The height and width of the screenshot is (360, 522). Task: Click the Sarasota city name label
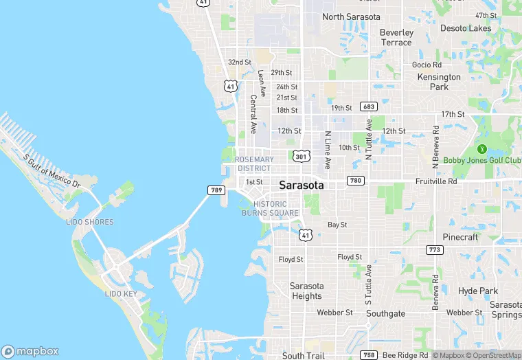pyautogui.click(x=302, y=185)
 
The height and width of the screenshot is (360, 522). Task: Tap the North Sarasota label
pyautogui.click(x=351, y=16)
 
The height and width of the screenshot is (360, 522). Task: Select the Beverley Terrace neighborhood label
pyautogui.click(x=397, y=37)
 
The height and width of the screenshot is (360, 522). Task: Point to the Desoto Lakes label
pyautogui.click(x=466, y=28)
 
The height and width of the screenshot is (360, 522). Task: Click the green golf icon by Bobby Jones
pyautogui.click(x=481, y=148)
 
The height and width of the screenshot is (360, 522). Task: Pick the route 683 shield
pyautogui.click(x=369, y=106)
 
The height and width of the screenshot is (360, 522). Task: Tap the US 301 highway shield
pyautogui.click(x=300, y=157)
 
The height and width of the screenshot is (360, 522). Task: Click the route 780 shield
pyautogui.click(x=355, y=181)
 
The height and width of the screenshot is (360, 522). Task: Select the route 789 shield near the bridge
pyautogui.click(x=215, y=189)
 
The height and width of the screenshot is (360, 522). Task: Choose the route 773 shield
pyautogui.click(x=433, y=249)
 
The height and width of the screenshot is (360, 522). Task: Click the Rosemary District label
pyautogui.click(x=254, y=164)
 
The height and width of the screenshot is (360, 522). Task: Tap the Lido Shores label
pyautogui.click(x=90, y=222)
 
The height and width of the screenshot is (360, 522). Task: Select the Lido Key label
pyautogui.click(x=120, y=294)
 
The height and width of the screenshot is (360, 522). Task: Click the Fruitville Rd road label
pyautogui.click(x=436, y=181)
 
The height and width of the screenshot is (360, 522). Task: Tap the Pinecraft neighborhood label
pyautogui.click(x=460, y=237)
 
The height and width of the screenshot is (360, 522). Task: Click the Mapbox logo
pyautogui.click(x=30, y=351)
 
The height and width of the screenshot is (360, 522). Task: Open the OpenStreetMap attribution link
pyautogui.click(x=493, y=355)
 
